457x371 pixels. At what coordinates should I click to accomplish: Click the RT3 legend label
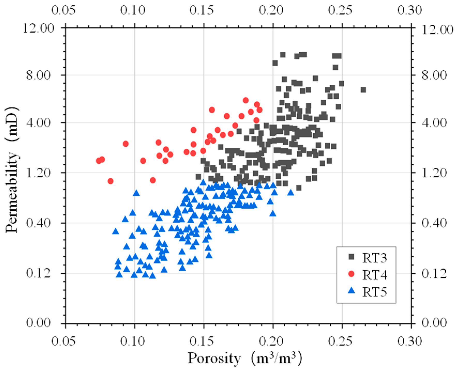point(375,258)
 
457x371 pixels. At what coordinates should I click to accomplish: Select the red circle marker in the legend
point(351,274)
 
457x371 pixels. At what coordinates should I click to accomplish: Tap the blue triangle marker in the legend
point(351,291)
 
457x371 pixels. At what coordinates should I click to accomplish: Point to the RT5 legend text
point(375,292)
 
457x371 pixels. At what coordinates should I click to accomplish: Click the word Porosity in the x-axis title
point(214,358)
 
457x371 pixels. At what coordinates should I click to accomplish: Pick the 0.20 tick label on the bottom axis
point(271,341)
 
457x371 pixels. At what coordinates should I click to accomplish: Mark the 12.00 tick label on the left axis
point(39,28)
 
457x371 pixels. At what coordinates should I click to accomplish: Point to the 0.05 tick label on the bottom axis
point(64,341)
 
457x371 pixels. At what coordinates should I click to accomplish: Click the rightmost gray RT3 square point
point(363,90)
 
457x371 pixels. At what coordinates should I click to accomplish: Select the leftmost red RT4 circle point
point(99,161)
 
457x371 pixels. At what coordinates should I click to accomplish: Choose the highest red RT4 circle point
point(246,100)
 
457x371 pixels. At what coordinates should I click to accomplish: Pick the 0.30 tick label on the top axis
point(410,10)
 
